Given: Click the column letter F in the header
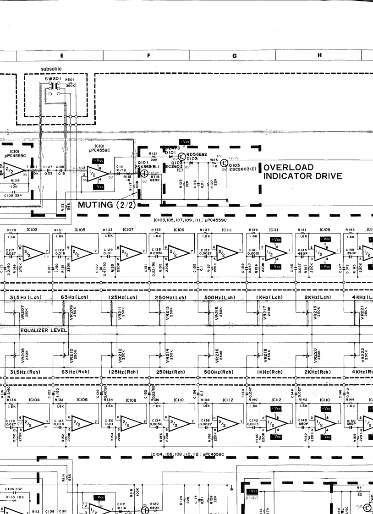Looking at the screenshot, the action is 148,55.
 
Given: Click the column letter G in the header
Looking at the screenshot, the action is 234,55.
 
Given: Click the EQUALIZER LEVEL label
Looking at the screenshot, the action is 43,329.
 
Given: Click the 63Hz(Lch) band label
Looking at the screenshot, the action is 75,297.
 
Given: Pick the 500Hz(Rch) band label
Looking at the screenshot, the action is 219,372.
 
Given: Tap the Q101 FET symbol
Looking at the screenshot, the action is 144,174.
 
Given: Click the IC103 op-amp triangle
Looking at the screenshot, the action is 29,251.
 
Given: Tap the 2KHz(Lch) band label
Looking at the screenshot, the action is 318,297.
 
